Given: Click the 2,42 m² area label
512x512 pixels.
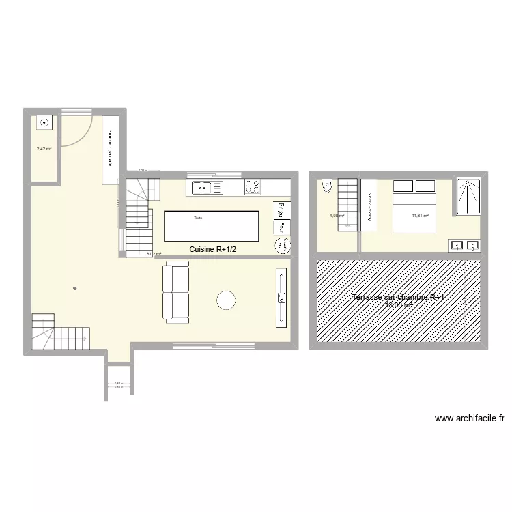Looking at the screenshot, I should click(x=44, y=148).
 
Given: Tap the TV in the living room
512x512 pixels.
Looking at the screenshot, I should click(x=281, y=298).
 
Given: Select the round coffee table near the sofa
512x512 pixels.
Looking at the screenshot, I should click(x=225, y=299).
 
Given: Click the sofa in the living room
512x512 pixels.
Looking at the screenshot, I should click(x=176, y=293).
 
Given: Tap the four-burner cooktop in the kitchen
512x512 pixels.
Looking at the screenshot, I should click(x=253, y=186).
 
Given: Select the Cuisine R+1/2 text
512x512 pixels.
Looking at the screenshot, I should click(x=213, y=250).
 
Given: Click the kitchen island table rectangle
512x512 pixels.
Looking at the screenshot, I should click(x=212, y=226).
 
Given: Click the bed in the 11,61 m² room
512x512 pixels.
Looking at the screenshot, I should click(x=414, y=206).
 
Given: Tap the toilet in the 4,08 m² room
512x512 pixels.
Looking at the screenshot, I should click(x=325, y=183).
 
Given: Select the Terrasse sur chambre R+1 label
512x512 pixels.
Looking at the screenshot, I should click(x=398, y=298).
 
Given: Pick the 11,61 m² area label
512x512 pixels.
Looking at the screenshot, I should click(x=420, y=216).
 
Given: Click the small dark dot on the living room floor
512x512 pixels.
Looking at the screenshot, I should click(x=74, y=289).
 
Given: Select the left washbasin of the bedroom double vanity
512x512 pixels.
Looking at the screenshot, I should click(x=455, y=246).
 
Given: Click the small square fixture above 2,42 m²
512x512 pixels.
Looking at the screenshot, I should click(x=44, y=123).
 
